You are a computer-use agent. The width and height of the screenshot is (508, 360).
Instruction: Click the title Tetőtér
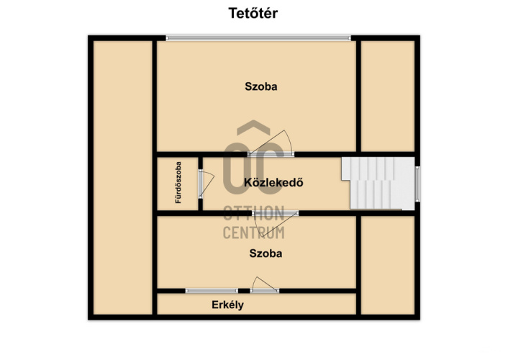(253, 13)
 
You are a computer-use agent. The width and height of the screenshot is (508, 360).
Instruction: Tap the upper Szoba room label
(260, 86)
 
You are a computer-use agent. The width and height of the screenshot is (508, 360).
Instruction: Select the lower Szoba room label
(266, 253)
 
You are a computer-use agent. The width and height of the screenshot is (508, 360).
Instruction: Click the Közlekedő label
(273, 183)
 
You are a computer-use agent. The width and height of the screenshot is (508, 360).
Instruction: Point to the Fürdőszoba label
(178, 183)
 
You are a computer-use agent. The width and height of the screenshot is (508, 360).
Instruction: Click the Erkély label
(228, 305)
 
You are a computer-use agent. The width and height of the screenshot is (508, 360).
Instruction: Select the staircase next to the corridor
(378, 183)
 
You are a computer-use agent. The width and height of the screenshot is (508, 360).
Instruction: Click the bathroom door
(205, 184)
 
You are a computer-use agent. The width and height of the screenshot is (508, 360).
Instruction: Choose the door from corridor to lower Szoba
(276, 218)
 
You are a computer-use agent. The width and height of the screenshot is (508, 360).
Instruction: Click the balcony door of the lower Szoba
(265, 285)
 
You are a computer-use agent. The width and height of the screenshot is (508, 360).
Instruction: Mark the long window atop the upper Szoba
(258, 38)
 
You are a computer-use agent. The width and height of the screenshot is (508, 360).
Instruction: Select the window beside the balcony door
(212, 291)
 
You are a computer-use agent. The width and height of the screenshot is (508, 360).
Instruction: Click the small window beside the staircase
(417, 184)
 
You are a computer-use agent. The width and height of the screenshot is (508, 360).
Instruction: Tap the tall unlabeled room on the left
(123, 177)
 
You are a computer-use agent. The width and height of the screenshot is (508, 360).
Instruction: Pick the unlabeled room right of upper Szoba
(388, 96)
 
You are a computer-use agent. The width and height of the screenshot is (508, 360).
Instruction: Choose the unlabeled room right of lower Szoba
(388, 265)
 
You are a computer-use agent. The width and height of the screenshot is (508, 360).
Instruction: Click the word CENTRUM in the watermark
(254, 233)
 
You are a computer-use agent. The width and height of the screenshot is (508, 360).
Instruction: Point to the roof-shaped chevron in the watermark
(253, 127)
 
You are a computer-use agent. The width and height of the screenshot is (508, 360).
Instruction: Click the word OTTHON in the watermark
(254, 212)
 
